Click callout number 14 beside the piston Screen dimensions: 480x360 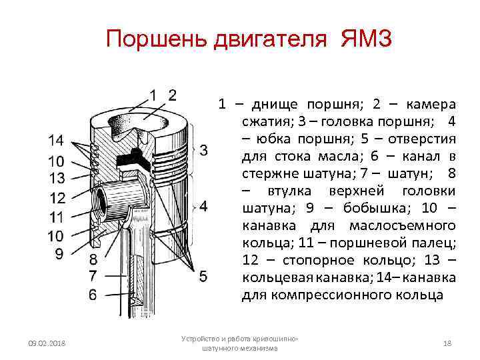(x=56, y=141)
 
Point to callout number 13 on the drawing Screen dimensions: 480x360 (x=56, y=178)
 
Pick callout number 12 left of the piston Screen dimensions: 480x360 (x=56, y=197)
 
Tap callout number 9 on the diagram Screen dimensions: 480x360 (x=59, y=253)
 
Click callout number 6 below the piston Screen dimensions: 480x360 (x=93, y=293)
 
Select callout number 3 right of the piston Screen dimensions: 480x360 (x=203, y=149)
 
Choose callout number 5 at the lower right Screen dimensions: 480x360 (x=203, y=275)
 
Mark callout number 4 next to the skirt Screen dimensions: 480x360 (x=203, y=205)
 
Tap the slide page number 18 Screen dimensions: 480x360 (x=447, y=343)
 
